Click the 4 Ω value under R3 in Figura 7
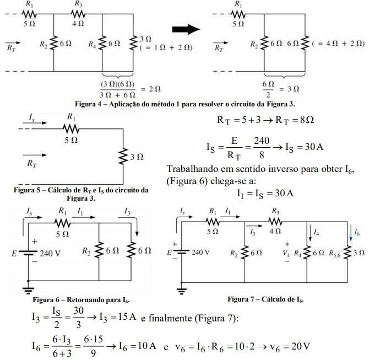[275, 231]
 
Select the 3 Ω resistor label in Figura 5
[137, 158]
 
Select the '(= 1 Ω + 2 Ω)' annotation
[167, 48]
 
